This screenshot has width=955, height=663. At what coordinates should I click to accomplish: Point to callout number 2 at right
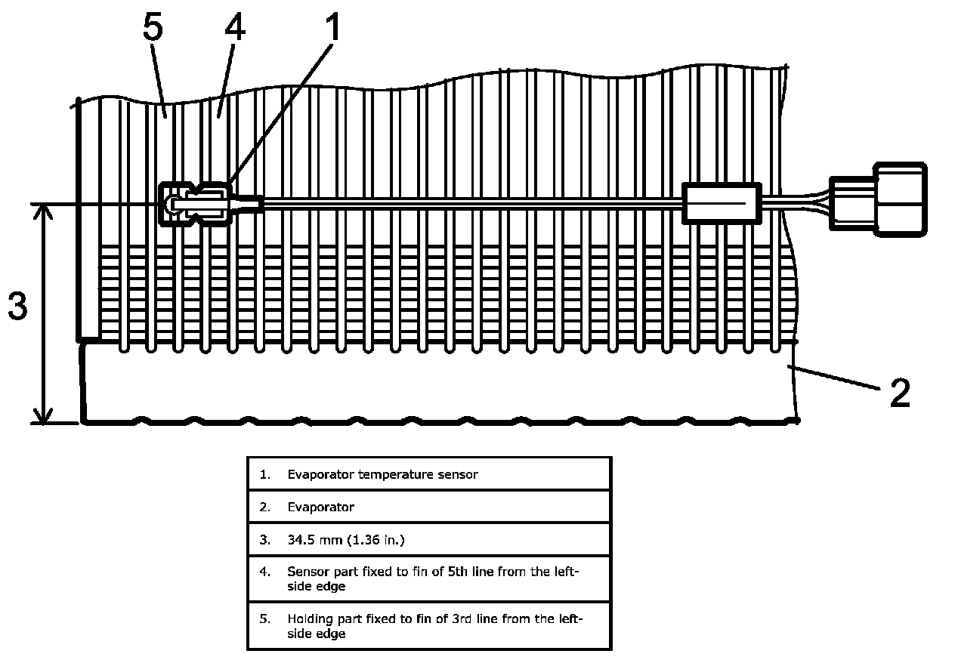point(899,393)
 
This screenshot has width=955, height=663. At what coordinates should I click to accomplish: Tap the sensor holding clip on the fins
point(193,203)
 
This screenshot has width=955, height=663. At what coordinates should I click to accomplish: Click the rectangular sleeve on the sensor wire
point(722,202)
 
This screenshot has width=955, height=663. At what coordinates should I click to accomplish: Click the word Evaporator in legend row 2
point(320,507)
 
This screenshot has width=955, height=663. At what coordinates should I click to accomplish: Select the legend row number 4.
point(264,572)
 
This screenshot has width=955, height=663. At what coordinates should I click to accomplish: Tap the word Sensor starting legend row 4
point(307,572)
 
